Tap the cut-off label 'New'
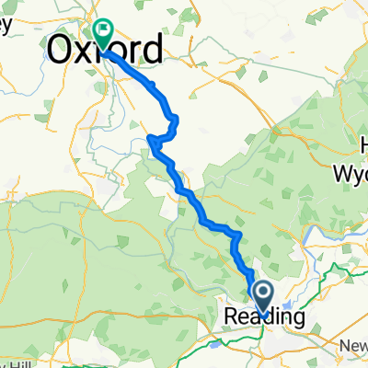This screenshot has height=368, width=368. click(x=354, y=344)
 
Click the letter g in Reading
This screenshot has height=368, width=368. click(x=297, y=319)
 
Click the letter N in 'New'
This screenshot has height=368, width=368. click(x=343, y=344)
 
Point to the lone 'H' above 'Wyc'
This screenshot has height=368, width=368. click(x=362, y=146)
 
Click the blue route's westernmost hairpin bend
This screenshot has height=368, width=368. click(x=149, y=139)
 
